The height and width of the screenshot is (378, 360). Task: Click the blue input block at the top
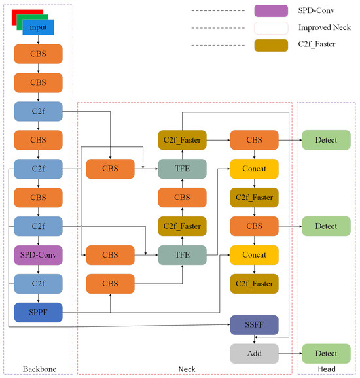38,27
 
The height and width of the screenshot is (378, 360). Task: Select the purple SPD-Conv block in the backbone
38,254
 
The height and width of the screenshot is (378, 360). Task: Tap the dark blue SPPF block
38,313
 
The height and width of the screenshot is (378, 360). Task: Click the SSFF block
254,324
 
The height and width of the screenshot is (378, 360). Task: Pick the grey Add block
254,353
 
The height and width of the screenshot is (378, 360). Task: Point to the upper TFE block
182,169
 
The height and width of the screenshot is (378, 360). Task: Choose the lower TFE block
182,254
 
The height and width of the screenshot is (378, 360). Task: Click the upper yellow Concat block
254,169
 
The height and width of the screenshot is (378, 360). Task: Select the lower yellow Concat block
254,254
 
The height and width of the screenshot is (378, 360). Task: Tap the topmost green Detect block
326,140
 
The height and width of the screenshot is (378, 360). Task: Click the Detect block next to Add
326,353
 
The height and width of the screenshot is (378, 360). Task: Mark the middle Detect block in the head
326,226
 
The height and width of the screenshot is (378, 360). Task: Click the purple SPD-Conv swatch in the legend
271,11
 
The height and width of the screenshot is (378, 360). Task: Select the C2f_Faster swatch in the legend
271,44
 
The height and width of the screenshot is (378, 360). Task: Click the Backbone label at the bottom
38,369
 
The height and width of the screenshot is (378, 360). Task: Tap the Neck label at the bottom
187,369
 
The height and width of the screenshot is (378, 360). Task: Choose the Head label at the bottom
326,369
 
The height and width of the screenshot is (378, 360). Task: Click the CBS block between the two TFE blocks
182,198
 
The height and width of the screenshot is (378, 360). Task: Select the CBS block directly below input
38,54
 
